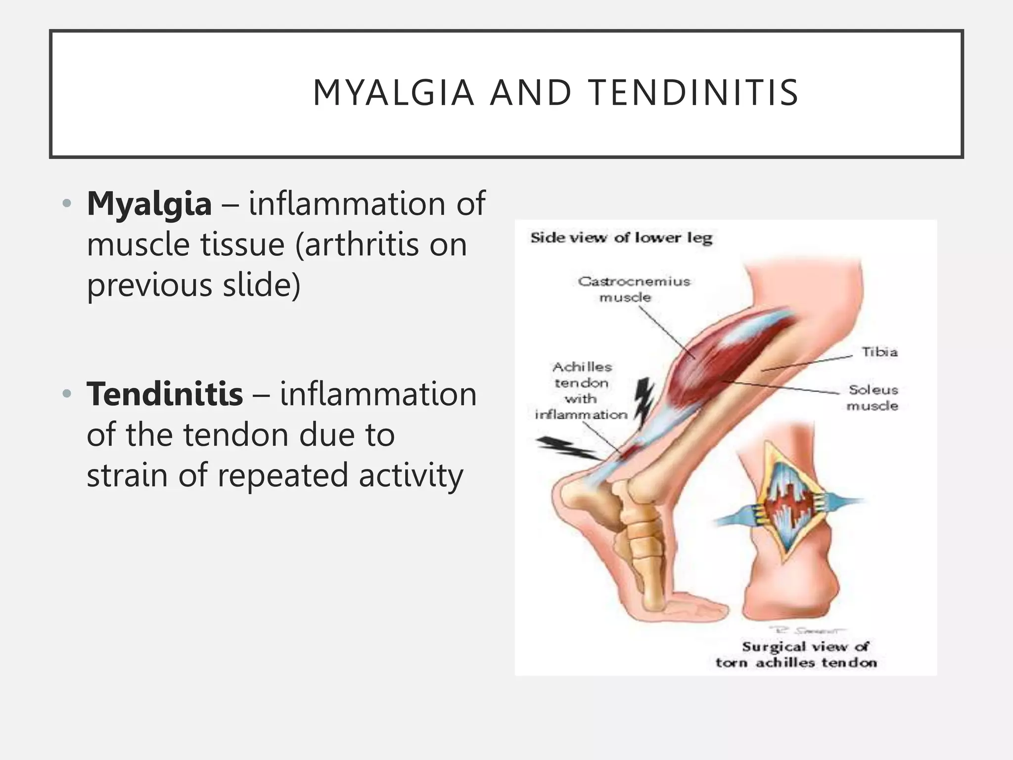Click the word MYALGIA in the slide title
(393, 93)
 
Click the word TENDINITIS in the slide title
(694, 93)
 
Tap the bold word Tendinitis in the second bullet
(165, 394)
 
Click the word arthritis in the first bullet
(362, 244)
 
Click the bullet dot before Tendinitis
(67, 394)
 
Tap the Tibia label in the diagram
(879, 352)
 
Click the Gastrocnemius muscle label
(634, 289)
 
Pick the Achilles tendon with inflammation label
(582, 390)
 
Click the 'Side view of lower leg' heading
(621, 238)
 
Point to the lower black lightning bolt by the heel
(567, 447)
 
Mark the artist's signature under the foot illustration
(807, 630)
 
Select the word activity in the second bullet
(411, 475)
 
